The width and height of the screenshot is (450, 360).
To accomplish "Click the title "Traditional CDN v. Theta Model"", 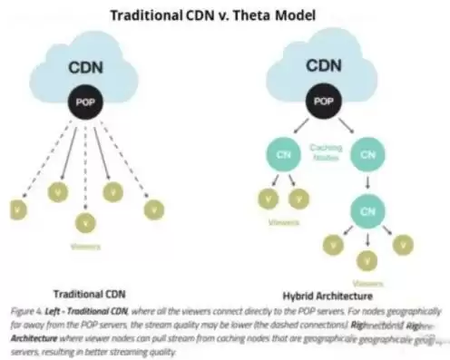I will tap(224, 15).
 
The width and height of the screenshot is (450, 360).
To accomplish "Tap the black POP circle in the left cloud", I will tap(85, 102).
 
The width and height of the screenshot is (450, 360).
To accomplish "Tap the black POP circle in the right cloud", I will tap(324, 102).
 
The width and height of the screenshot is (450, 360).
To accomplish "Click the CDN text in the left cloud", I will tap(84, 68).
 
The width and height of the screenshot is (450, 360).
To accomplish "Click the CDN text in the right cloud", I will tap(324, 66).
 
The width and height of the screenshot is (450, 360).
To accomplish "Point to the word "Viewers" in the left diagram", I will tap(85, 245).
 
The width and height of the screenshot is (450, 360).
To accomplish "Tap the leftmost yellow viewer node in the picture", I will tap(17, 209).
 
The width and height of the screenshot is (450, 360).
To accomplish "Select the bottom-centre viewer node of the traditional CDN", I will tap(85, 220).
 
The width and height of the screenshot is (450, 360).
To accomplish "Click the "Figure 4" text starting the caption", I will tap(24, 309).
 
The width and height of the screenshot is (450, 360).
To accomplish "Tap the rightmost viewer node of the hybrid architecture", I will tap(403, 243).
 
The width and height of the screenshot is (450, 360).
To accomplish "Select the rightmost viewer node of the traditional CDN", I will tap(153, 209).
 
